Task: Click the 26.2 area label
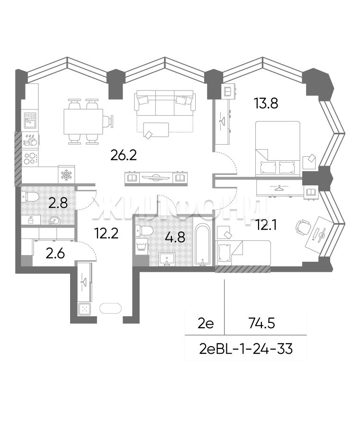click(124, 155)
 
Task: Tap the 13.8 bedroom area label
click(266, 103)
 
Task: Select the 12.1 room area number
click(267, 225)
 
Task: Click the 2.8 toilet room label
click(58, 202)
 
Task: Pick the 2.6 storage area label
click(55, 253)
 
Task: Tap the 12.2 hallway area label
click(107, 233)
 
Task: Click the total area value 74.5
click(262, 323)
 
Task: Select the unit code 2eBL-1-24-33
click(246, 349)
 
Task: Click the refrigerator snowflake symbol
click(66, 175)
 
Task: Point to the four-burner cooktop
click(30, 158)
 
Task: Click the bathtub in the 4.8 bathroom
click(204, 245)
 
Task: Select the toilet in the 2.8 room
click(31, 197)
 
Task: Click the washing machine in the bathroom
click(142, 247)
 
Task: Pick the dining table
click(83, 121)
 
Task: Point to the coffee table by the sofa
click(156, 130)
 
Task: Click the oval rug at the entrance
click(110, 308)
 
